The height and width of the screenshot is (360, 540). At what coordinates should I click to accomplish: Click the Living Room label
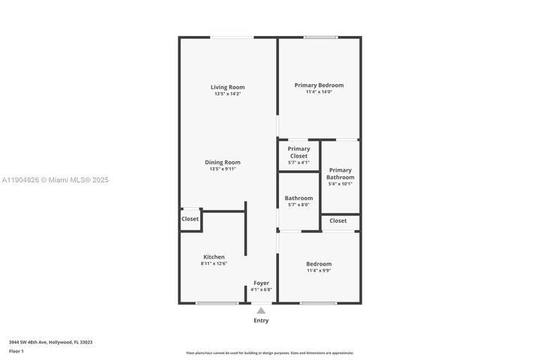[228, 87]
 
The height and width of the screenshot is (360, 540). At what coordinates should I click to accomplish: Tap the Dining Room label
[223, 162]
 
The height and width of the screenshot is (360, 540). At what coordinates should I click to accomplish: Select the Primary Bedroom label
[319, 85]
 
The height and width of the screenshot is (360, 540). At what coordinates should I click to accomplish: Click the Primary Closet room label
[298, 152]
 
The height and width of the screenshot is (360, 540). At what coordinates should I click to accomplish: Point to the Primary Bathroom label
[340, 173]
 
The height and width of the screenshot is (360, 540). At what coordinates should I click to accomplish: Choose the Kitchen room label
[214, 256]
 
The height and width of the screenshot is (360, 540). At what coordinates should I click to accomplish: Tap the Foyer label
[261, 283]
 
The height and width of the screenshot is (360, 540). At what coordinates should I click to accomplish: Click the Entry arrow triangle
[260, 310]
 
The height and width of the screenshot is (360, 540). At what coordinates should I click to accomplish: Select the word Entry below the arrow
[260, 320]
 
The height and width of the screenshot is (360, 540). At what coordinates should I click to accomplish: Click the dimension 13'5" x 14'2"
[228, 94]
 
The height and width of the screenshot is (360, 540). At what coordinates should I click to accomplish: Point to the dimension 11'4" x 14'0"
[319, 91]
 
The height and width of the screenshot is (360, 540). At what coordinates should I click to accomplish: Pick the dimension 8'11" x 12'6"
[214, 263]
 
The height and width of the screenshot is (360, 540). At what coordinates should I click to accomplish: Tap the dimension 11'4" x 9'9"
[319, 270]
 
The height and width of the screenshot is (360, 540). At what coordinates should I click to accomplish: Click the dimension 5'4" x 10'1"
[340, 184]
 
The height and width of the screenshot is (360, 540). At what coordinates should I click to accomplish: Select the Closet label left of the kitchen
[190, 219]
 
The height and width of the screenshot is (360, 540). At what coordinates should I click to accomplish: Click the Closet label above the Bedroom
[338, 220]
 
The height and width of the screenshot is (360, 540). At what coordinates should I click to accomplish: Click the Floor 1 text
[16, 350]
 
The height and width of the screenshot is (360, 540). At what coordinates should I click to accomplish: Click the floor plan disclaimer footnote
[269, 352]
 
